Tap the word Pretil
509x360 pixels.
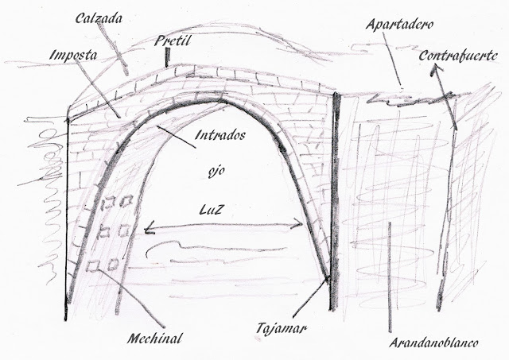[x=173, y=38]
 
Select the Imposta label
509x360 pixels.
[x=72, y=56]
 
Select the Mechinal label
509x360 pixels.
[x=154, y=339]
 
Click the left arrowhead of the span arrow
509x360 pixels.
[x=149, y=230]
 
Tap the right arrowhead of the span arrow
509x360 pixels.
[x=299, y=226]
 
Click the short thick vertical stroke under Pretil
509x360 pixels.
[x=169, y=57]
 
